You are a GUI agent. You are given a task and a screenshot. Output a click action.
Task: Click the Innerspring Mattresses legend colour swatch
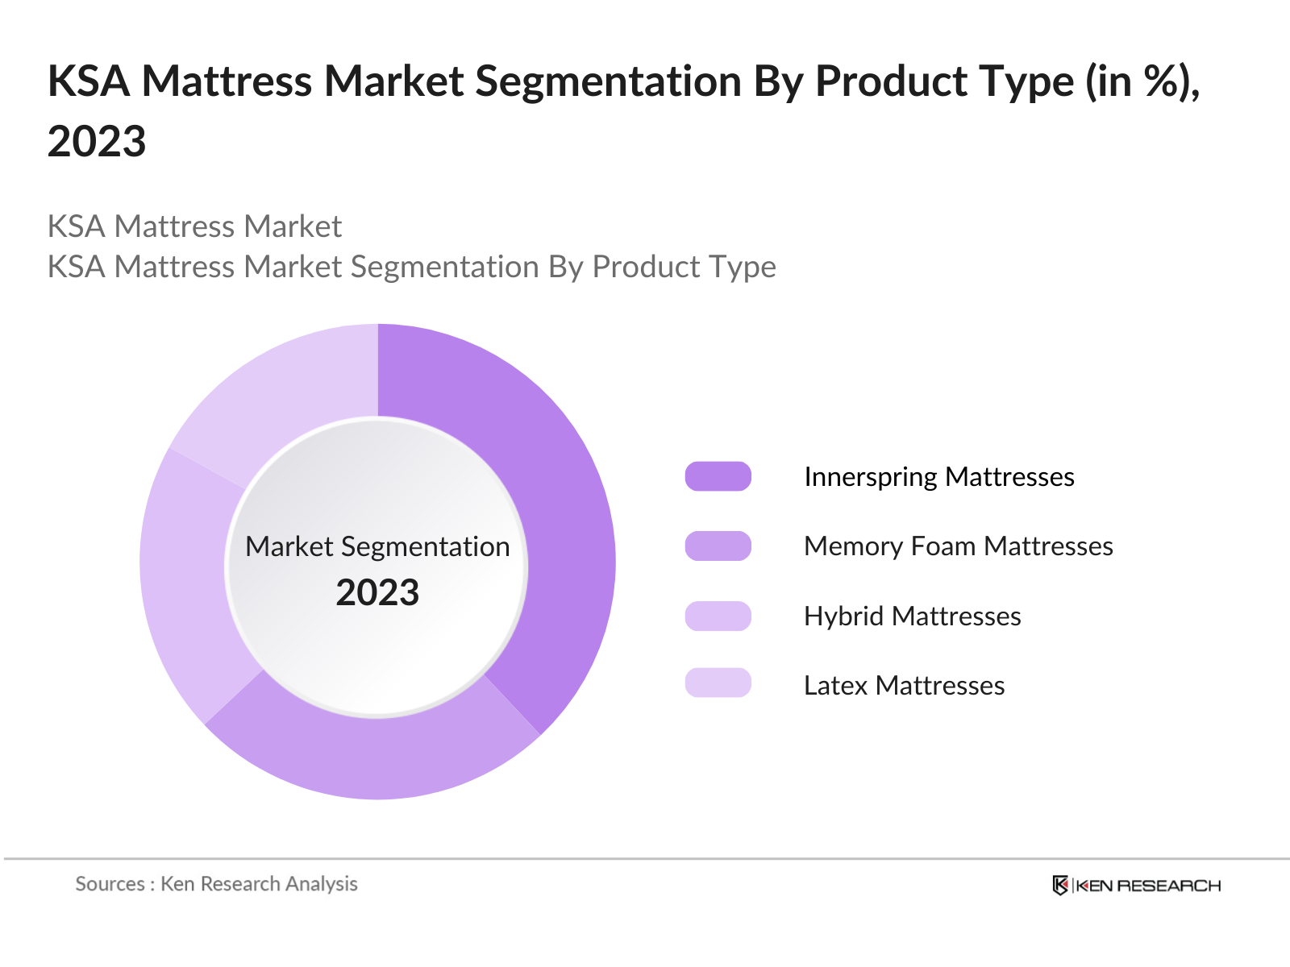pos(718,476)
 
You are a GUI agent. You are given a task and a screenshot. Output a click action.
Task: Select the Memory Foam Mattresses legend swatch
pos(718,546)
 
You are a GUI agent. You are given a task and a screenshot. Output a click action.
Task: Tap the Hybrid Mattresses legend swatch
pos(718,616)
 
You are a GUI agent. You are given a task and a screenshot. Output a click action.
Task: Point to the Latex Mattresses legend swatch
pos(718,683)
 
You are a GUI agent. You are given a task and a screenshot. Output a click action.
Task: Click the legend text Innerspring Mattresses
pos(938,476)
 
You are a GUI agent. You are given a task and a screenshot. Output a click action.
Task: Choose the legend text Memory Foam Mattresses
pos(958,546)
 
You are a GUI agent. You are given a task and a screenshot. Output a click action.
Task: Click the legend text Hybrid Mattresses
pos(912,616)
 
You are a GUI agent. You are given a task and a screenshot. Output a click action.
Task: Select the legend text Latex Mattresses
pos(904,686)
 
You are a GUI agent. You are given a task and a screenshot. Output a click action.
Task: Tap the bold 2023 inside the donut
pos(377,593)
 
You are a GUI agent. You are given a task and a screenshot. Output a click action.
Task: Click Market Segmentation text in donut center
pos(377,546)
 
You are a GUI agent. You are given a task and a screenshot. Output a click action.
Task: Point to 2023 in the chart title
pos(97,142)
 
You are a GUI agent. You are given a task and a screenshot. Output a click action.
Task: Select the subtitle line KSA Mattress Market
pos(194,226)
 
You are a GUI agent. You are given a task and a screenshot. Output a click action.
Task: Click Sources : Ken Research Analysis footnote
pos(216,884)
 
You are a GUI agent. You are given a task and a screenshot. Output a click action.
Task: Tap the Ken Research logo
pos(1136,886)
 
